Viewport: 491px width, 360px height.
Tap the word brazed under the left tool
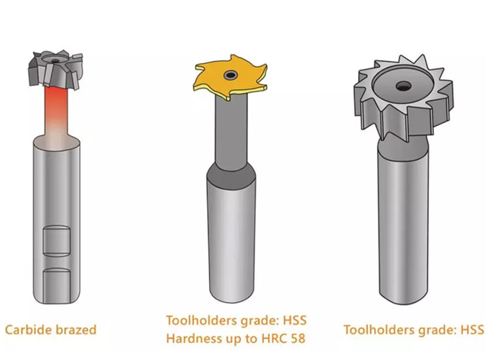tap(76, 330)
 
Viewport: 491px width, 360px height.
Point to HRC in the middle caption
tap(274, 338)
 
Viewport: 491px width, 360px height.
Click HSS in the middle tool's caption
tap(295, 321)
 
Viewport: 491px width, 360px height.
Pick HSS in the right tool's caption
tap(472, 330)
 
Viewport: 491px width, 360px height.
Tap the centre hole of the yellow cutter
tap(231, 75)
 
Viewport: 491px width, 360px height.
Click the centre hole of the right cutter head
tap(403, 86)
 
